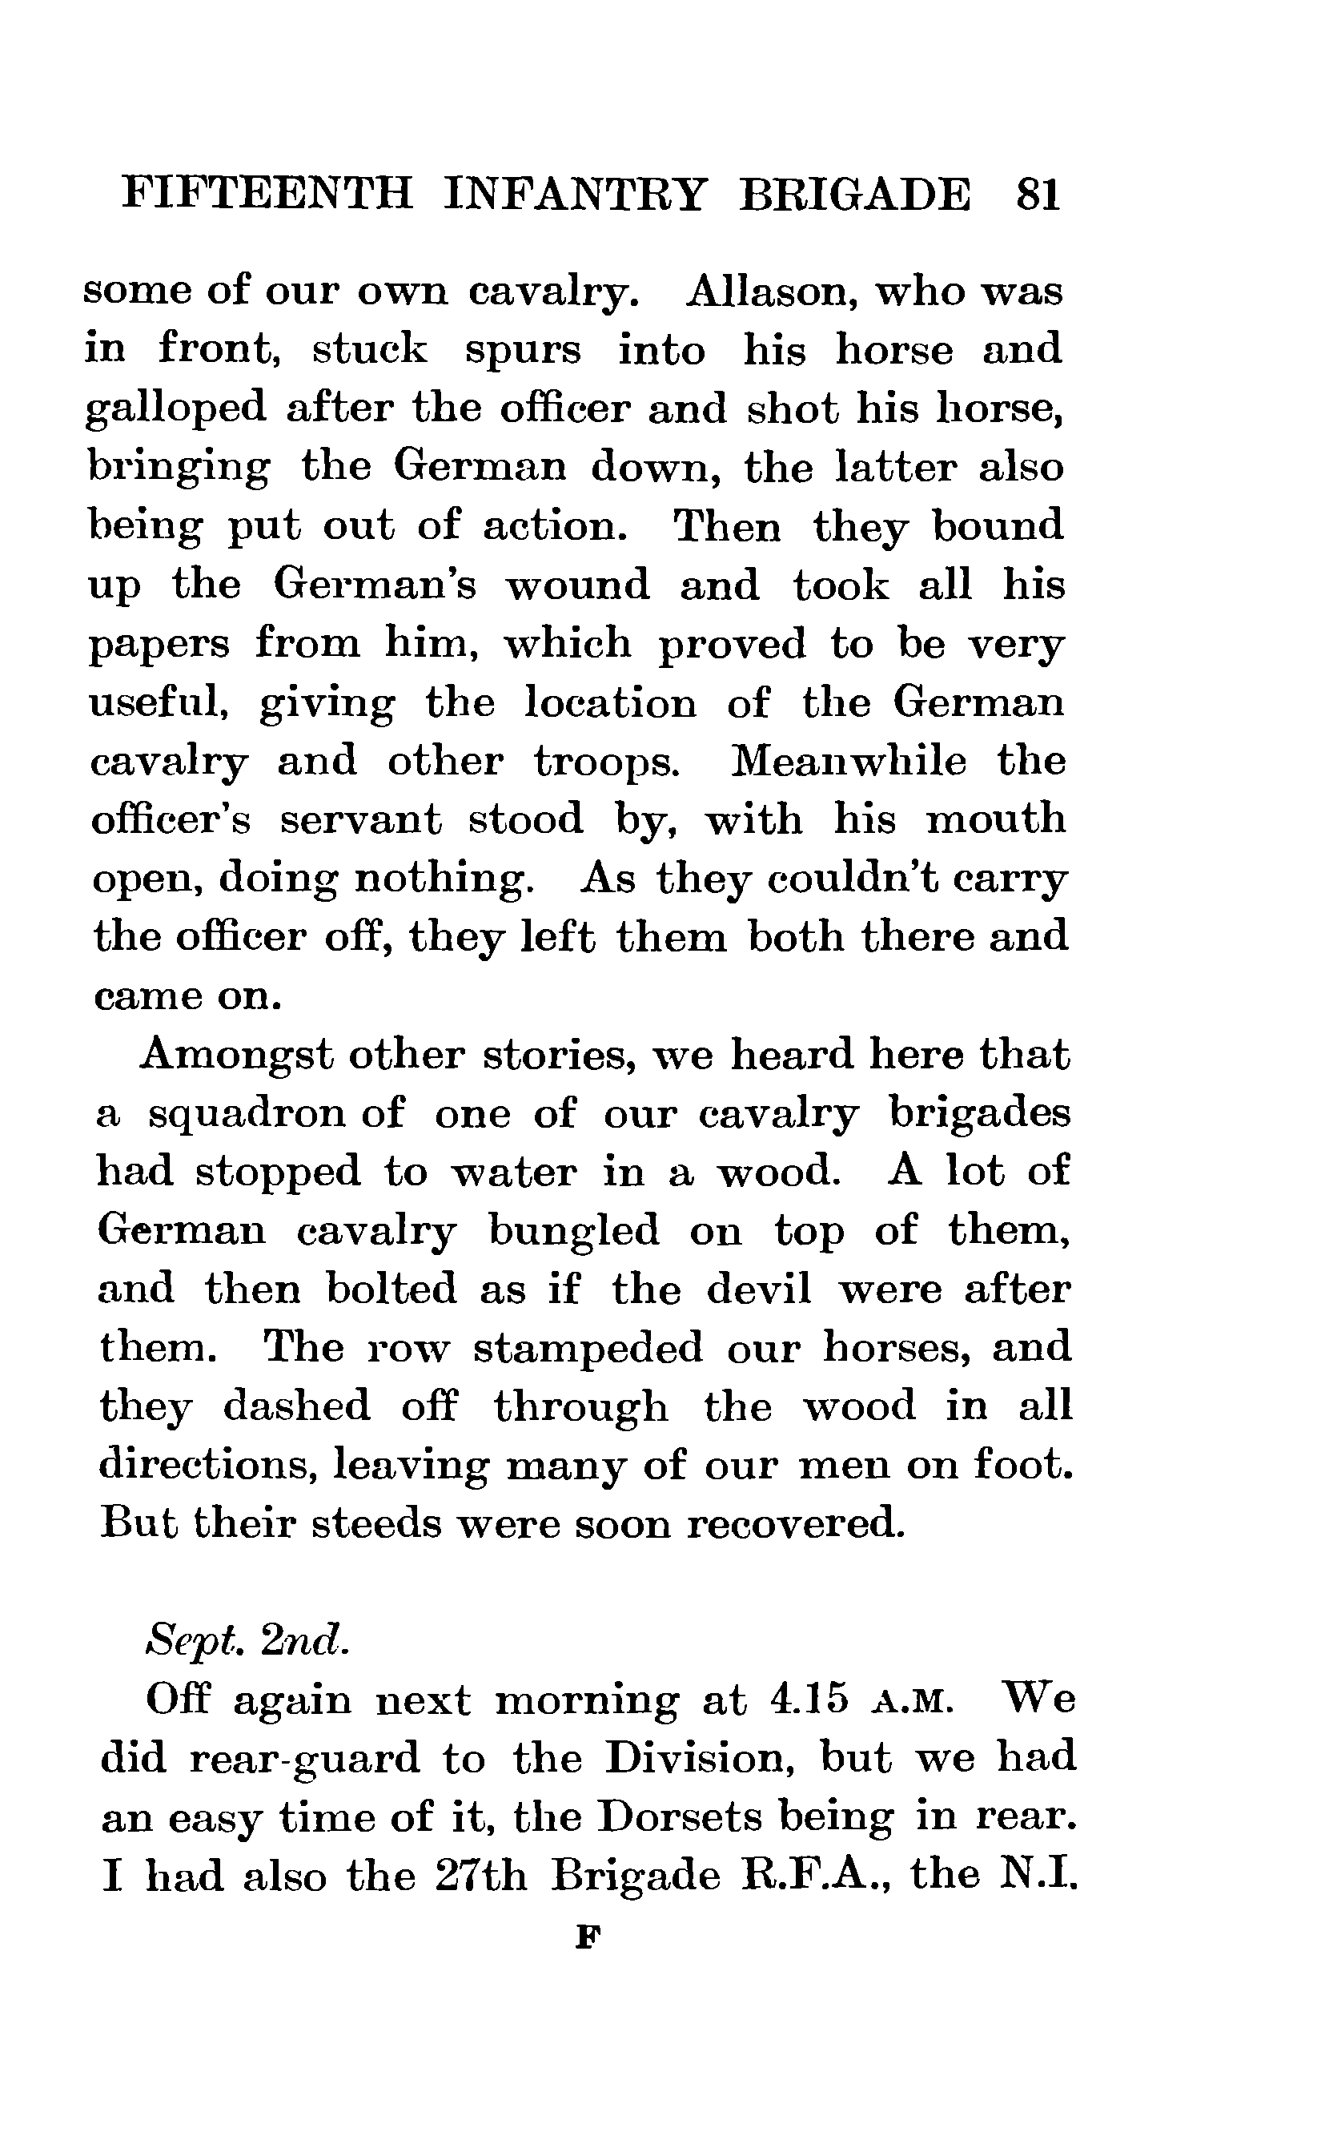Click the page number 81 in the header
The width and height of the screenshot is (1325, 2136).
[x=1038, y=194]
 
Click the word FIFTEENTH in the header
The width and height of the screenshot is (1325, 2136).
[x=267, y=194]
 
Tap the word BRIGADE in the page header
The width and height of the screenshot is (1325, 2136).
[x=855, y=194]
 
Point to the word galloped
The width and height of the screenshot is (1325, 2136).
[x=175, y=409]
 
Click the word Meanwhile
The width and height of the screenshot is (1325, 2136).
[x=849, y=761]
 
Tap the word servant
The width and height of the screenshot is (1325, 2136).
[x=361, y=820]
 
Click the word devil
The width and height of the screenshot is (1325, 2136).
[x=759, y=1289]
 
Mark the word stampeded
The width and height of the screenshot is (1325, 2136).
[x=588, y=1347]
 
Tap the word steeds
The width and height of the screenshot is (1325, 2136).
[x=377, y=1523]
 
